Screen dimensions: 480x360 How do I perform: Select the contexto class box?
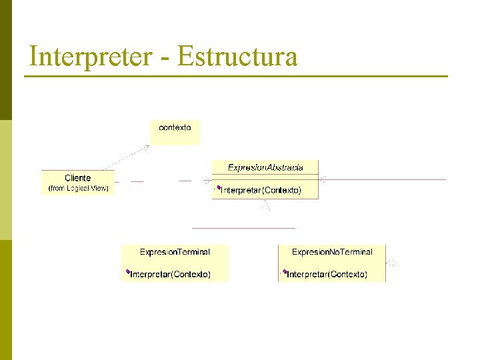(175, 131)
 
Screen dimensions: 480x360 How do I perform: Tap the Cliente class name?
(78, 178)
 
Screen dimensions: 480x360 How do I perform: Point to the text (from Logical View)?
(78, 189)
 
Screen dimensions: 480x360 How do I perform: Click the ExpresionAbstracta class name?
(265, 167)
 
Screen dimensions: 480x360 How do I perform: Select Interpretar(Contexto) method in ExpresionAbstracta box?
(261, 191)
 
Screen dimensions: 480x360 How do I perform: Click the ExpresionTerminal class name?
(175, 252)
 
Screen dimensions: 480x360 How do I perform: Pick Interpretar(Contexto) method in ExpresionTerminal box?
(171, 274)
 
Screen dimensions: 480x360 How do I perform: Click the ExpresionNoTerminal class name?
(332, 252)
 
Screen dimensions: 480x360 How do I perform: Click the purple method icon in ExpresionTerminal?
(127, 272)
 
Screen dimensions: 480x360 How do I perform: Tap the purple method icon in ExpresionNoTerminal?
(284, 272)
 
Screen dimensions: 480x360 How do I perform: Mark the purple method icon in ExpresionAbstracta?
(218, 189)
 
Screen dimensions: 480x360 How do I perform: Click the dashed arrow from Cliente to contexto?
(127, 157)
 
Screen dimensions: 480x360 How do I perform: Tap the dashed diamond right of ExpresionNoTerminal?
(393, 263)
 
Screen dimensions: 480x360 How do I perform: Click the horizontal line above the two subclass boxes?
(243, 228)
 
